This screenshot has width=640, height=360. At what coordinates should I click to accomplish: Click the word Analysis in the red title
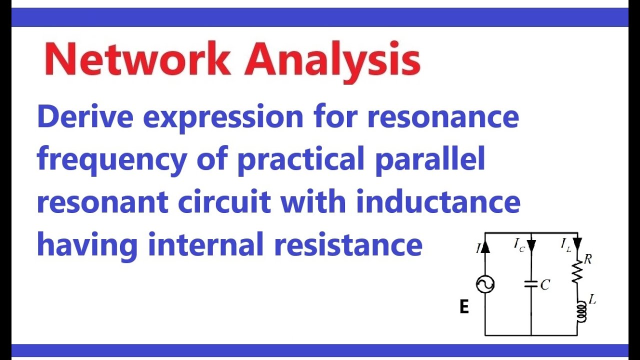[x=331, y=60]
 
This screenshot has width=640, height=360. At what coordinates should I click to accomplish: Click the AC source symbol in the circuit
[x=485, y=284]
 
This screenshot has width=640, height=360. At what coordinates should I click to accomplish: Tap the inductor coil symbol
[x=581, y=311]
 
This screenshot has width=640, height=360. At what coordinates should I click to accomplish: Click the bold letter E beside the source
[x=464, y=307]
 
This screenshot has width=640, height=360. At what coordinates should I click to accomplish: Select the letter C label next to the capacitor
[x=545, y=285]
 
